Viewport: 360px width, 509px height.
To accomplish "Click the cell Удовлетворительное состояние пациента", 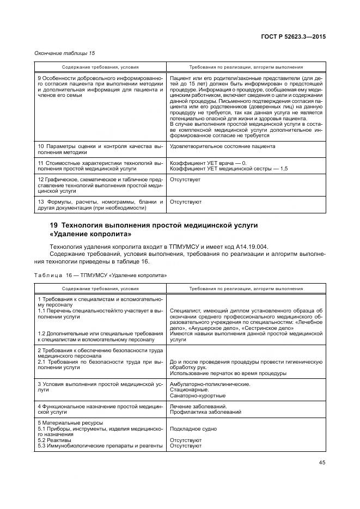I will [x=222, y=146].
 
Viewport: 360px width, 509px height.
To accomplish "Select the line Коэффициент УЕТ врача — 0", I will [x=208, y=163].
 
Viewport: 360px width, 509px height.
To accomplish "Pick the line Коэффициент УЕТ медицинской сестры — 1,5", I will [x=229, y=169].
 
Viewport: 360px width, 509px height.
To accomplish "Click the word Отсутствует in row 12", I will [x=185, y=179].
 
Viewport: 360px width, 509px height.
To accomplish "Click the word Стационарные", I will [x=188, y=390].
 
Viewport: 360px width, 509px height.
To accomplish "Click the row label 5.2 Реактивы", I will [x=54, y=440].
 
